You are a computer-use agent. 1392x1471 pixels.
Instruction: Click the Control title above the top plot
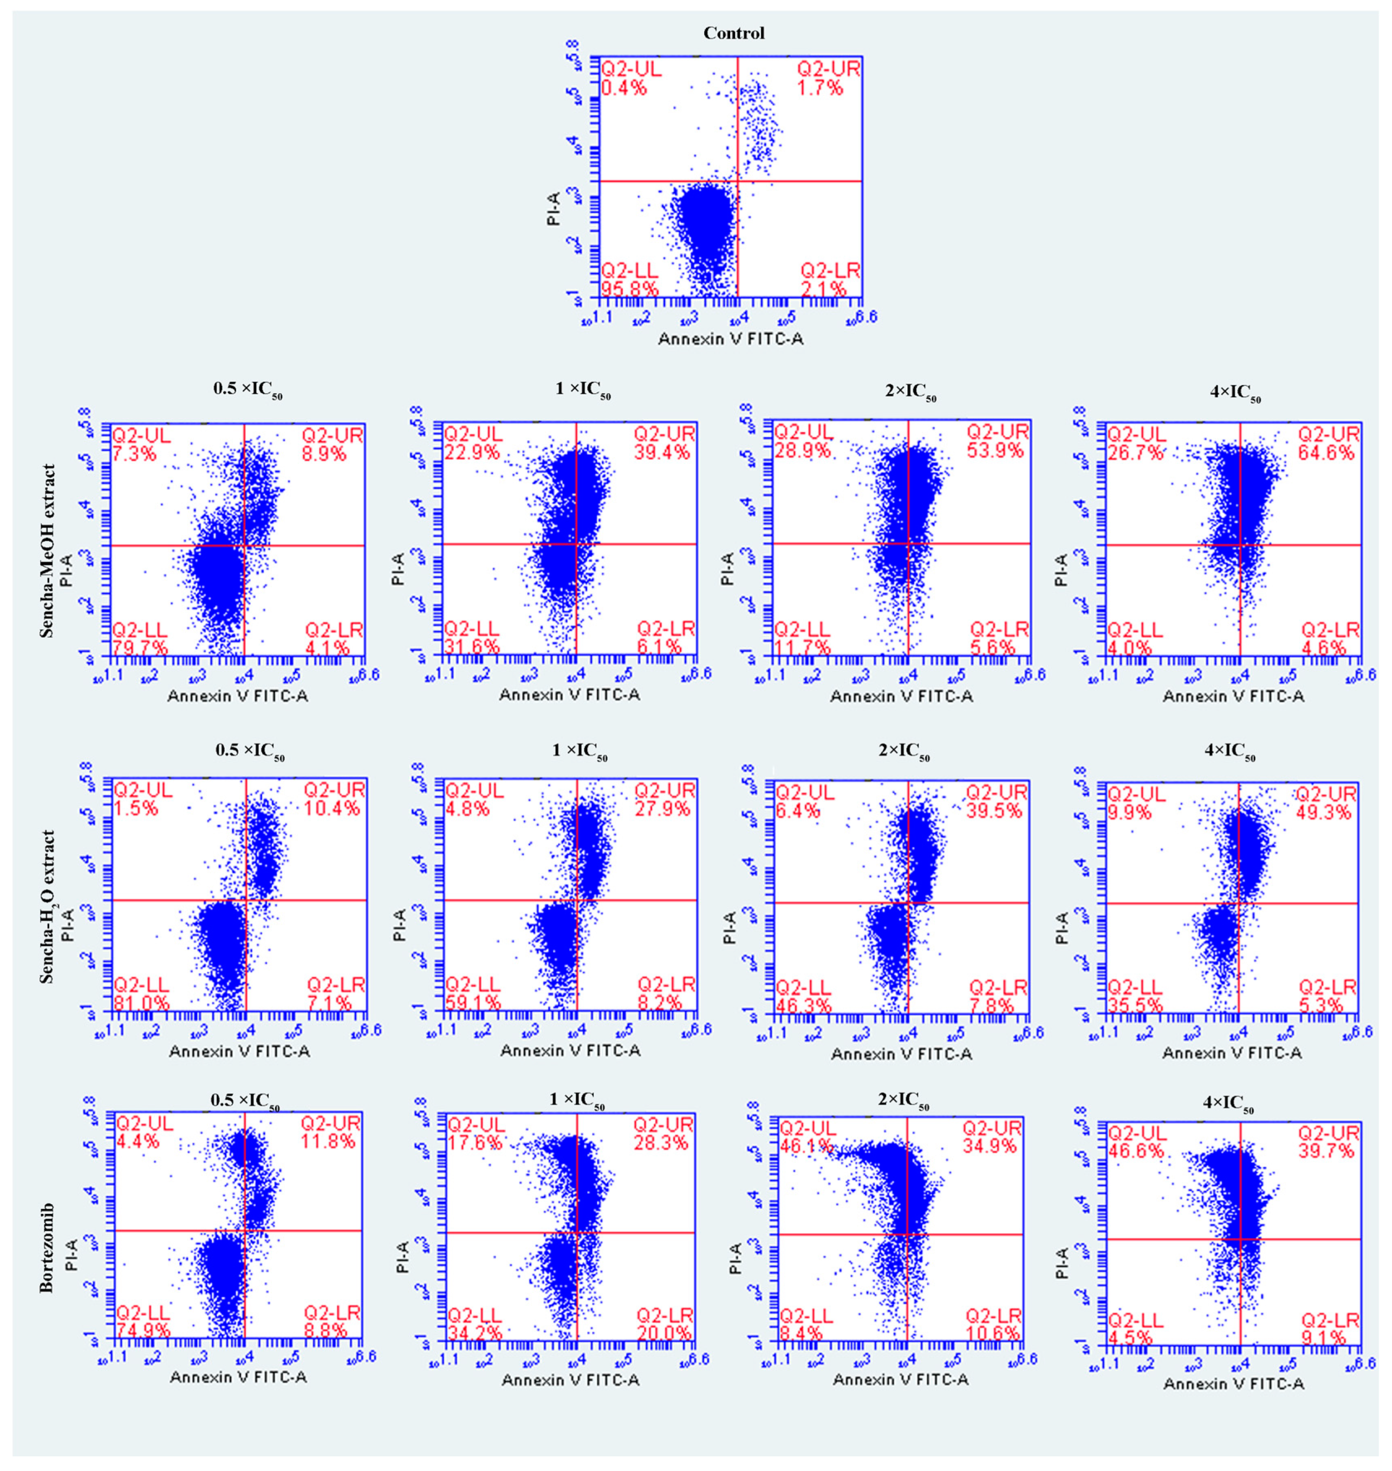[x=734, y=34]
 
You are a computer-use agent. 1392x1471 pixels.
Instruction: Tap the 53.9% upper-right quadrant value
[x=994, y=451]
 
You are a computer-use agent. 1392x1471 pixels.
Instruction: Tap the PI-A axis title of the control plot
[x=554, y=209]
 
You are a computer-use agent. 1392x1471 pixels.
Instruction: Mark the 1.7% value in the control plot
[x=820, y=88]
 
